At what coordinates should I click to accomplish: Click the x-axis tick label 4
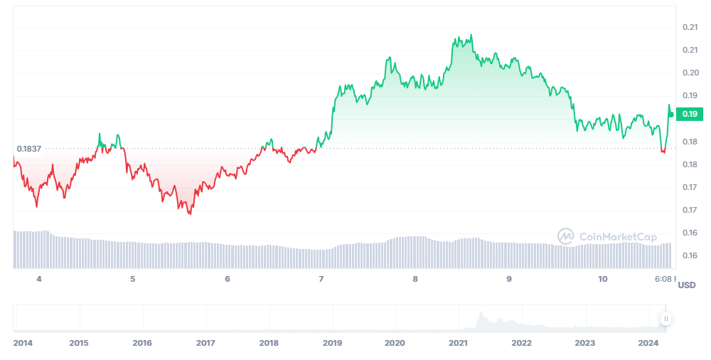[39, 279]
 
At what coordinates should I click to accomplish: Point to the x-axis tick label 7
[321, 279]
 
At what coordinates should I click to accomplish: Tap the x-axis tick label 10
[603, 279]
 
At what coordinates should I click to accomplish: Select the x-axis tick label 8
[415, 279]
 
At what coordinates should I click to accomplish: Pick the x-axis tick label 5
[133, 279]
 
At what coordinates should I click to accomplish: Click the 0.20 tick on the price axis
[690, 73]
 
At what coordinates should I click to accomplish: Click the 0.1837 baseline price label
[29, 149]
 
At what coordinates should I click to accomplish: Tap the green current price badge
[690, 114]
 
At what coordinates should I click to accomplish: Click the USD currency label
[687, 285]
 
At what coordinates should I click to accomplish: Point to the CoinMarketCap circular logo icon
[566, 237]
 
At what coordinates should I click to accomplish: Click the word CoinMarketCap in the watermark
[618, 237]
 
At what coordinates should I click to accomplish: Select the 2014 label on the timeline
[23, 343]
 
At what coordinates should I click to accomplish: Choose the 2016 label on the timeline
[142, 343]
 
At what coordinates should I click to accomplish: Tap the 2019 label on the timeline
[332, 343]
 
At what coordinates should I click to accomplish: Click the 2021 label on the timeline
[458, 343]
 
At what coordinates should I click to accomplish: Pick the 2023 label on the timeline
[584, 343]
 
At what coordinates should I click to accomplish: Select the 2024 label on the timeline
[648, 343]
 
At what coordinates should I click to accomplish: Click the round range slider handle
[666, 318]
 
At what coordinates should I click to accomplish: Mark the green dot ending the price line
[671, 114]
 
